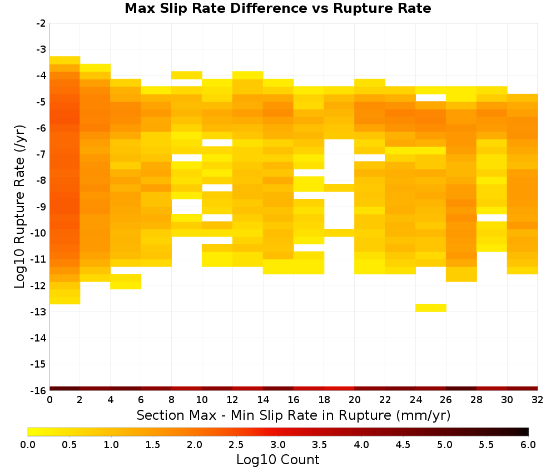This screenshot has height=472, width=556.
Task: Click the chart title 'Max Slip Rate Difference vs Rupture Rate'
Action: coord(277,8)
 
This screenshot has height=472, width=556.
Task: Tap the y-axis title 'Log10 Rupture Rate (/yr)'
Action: coord(19,207)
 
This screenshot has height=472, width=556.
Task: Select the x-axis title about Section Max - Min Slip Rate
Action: coord(293,415)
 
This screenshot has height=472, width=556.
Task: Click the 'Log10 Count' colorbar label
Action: coord(277,460)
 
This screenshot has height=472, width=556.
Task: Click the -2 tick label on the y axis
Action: coord(41,23)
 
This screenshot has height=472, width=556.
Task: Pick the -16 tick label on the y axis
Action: coord(38,390)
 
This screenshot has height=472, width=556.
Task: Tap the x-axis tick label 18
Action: coord(324,400)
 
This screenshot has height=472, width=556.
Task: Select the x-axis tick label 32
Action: coord(538,400)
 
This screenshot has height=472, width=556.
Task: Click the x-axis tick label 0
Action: coord(49,400)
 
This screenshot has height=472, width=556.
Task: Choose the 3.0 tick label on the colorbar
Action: coord(277,444)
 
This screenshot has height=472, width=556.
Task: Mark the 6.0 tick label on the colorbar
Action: coord(528,444)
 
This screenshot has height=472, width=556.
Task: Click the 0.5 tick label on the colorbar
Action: coord(69,444)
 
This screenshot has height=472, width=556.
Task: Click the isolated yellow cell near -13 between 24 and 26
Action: coord(430,308)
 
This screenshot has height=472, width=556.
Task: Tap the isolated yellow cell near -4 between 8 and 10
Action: coord(186,75)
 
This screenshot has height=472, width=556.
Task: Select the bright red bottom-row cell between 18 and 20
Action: coord(339,389)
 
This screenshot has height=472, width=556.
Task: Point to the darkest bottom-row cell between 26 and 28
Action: coord(461,389)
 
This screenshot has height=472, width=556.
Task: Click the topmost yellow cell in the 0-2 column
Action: coord(64,60)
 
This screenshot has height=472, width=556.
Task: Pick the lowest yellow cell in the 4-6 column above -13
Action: coord(126,285)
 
